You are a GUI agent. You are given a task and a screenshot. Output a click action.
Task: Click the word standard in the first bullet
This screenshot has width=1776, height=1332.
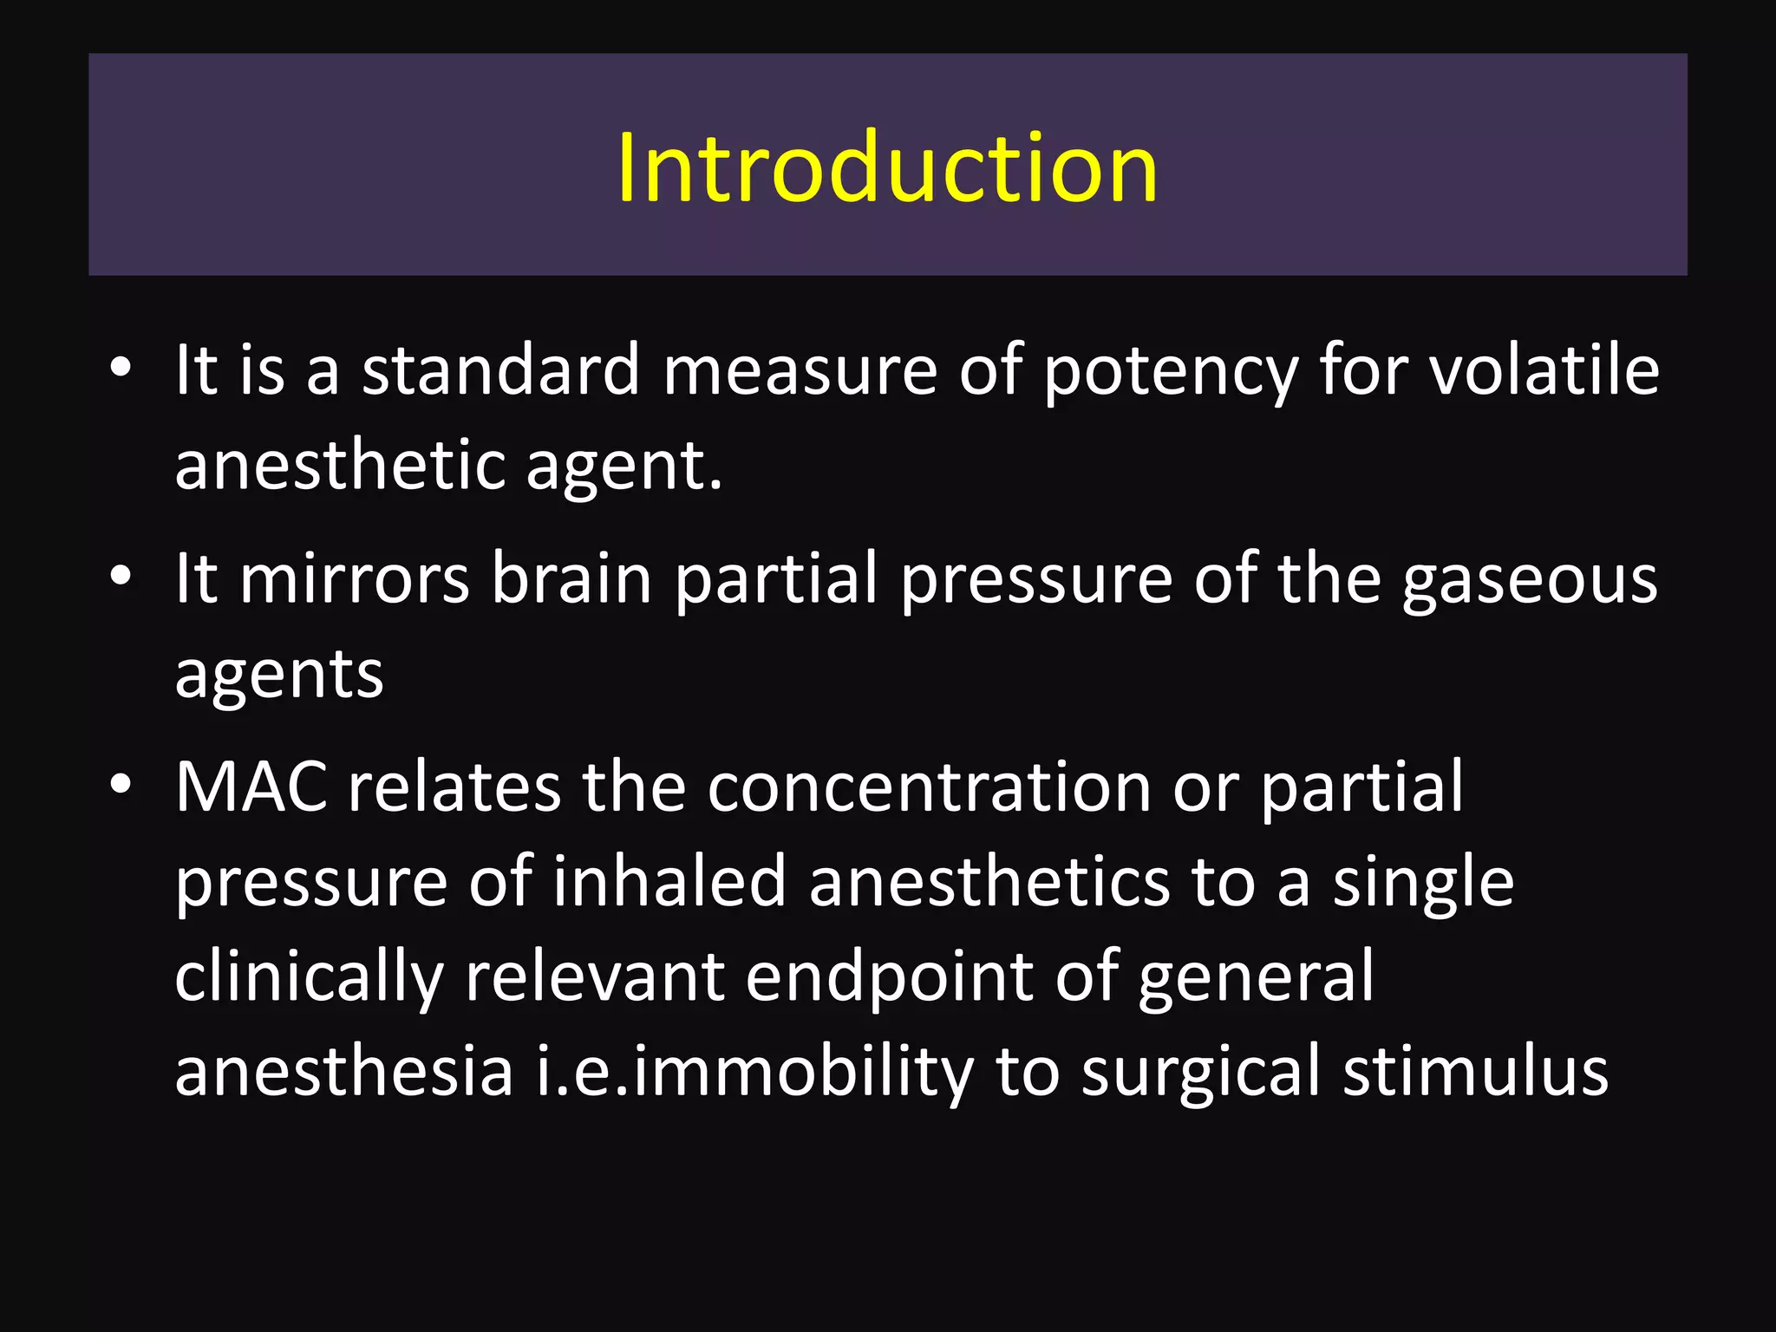[500, 371]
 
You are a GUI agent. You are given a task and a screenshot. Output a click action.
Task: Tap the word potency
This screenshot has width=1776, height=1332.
[1171, 371]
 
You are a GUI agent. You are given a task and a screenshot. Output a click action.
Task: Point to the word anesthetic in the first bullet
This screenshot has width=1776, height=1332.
[341, 466]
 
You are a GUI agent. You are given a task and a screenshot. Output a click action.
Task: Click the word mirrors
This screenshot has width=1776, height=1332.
[355, 579]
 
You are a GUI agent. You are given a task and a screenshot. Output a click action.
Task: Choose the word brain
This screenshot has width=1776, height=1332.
[571, 579]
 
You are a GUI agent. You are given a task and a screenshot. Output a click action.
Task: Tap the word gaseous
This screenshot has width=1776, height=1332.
[1530, 579]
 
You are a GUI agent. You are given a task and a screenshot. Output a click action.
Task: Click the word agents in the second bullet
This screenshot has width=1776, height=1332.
[278, 675]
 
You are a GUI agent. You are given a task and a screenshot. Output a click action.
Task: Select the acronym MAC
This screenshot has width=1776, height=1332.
[251, 787]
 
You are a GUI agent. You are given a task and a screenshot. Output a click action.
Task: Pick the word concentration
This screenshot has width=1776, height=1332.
[929, 787]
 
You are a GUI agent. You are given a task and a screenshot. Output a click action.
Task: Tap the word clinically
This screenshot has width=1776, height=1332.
[309, 977]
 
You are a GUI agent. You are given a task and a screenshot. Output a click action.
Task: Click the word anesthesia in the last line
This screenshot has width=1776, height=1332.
[344, 1072]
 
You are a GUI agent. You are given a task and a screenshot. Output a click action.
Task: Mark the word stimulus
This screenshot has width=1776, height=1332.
[1475, 1072]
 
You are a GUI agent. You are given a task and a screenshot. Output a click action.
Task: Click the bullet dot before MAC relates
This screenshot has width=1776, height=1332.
[121, 785]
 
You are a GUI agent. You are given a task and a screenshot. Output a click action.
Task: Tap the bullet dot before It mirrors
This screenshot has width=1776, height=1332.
[121, 576]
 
